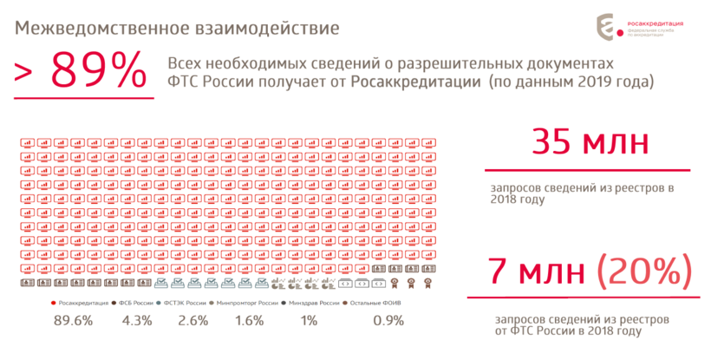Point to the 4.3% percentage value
coord(137,321)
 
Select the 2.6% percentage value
coord(192,321)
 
